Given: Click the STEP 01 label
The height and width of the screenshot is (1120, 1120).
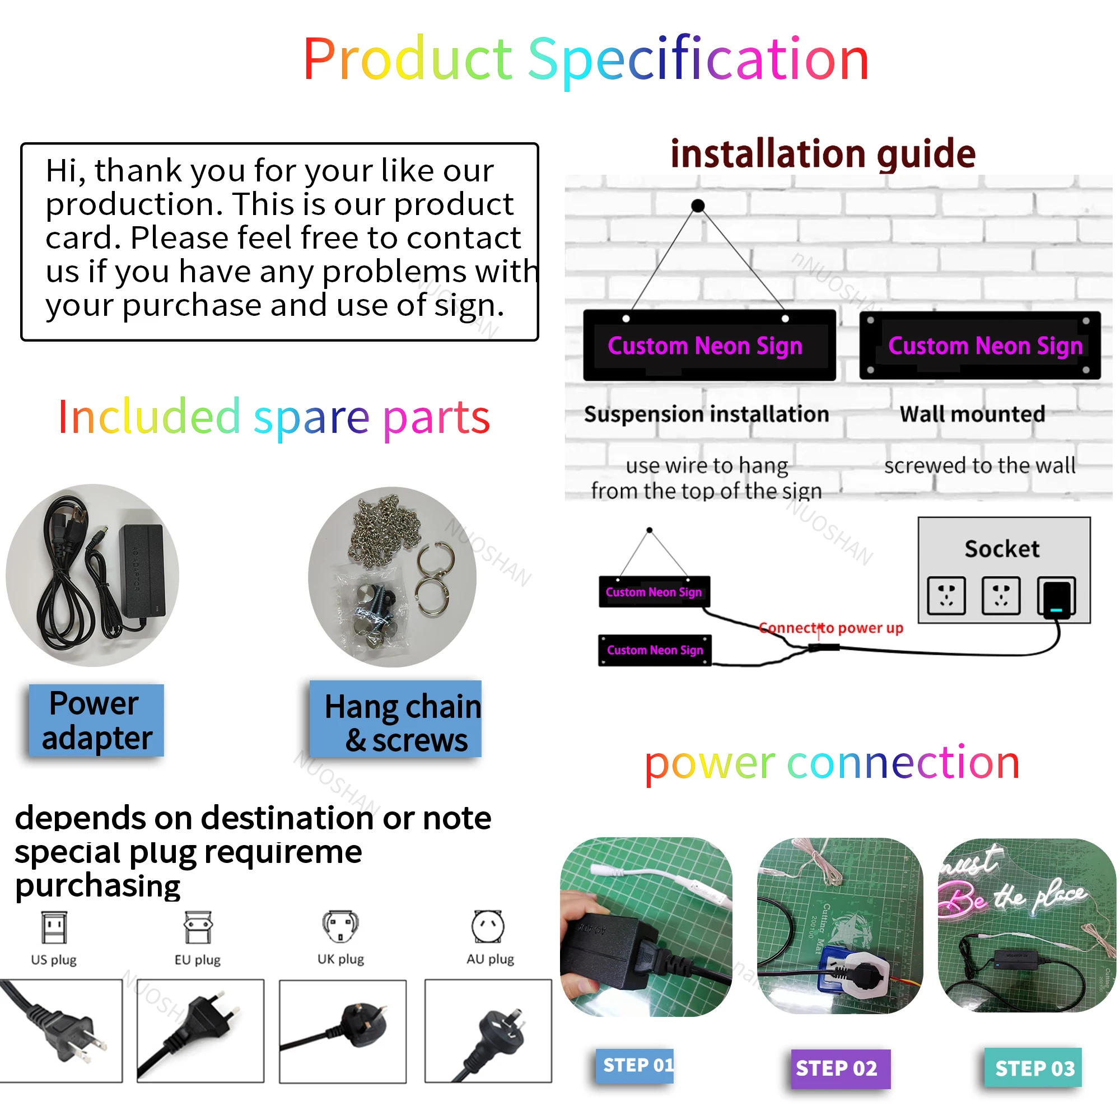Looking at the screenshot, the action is click(x=635, y=1066).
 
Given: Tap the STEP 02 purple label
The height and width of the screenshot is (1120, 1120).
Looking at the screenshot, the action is click(x=840, y=1068).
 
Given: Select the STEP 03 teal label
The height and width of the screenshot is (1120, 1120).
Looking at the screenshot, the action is click(x=1033, y=1067).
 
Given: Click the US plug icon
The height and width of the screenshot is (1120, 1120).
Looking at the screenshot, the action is click(x=54, y=927).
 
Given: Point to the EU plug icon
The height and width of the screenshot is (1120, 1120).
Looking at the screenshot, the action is click(x=198, y=927).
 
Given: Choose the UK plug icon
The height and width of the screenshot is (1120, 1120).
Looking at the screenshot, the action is click(x=340, y=926).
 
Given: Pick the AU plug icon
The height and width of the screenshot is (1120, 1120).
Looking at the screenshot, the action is click(x=488, y=926).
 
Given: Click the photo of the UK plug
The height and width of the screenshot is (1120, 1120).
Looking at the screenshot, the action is click(x=343, y=1032).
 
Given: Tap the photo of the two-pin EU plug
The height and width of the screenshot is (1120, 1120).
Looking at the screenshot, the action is click(x=200, y=1031).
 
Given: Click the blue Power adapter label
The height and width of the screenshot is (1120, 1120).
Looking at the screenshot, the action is click(x=96, y=720).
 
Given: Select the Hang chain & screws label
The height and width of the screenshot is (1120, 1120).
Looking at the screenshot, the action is click(x=395, y=719).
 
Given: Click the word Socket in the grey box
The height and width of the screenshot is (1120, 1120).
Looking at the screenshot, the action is click(x=1002, y=548).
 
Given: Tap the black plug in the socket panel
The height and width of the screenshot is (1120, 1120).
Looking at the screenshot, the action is click(x=1056, y=597).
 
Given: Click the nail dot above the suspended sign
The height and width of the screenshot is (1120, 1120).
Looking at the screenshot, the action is click(x=698, y=206).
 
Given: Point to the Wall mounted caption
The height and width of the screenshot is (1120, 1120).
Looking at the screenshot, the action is click(x=972, y=414).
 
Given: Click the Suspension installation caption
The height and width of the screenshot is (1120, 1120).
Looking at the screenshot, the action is click(x=706, y=414).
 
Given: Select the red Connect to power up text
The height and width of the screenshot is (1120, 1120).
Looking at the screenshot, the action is click(x=830, y=628).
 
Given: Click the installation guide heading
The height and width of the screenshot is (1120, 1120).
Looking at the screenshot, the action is click(x=823, y=153).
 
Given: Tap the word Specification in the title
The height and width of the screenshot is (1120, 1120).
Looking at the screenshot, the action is click(x=698, y=59).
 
